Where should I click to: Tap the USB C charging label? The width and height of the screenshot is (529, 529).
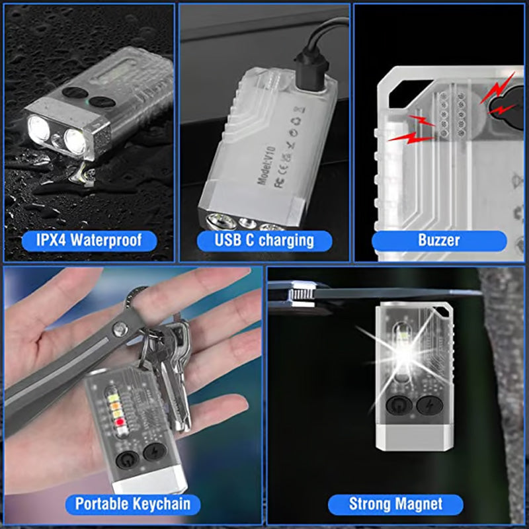pos(264,239)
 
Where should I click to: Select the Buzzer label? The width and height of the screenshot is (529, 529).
pos(439,239)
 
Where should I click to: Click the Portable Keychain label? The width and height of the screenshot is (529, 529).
pos(132,503)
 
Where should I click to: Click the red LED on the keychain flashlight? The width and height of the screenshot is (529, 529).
pos(119,421)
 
